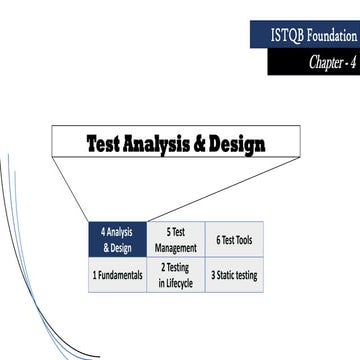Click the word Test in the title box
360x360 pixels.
[108, 143]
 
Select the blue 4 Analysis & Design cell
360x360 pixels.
[117, 240]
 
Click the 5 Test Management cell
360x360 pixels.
[176, 240]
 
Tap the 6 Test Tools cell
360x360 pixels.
[234, 240]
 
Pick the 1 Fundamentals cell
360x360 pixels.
[117, 274]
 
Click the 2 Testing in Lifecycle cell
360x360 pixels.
[176, 274]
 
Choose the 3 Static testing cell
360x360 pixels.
[234, 274]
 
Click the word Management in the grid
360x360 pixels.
[176, 247]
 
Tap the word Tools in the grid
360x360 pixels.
[246, 240]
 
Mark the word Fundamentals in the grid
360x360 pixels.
[120, 274]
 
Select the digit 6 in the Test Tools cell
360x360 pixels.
[218, 240]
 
